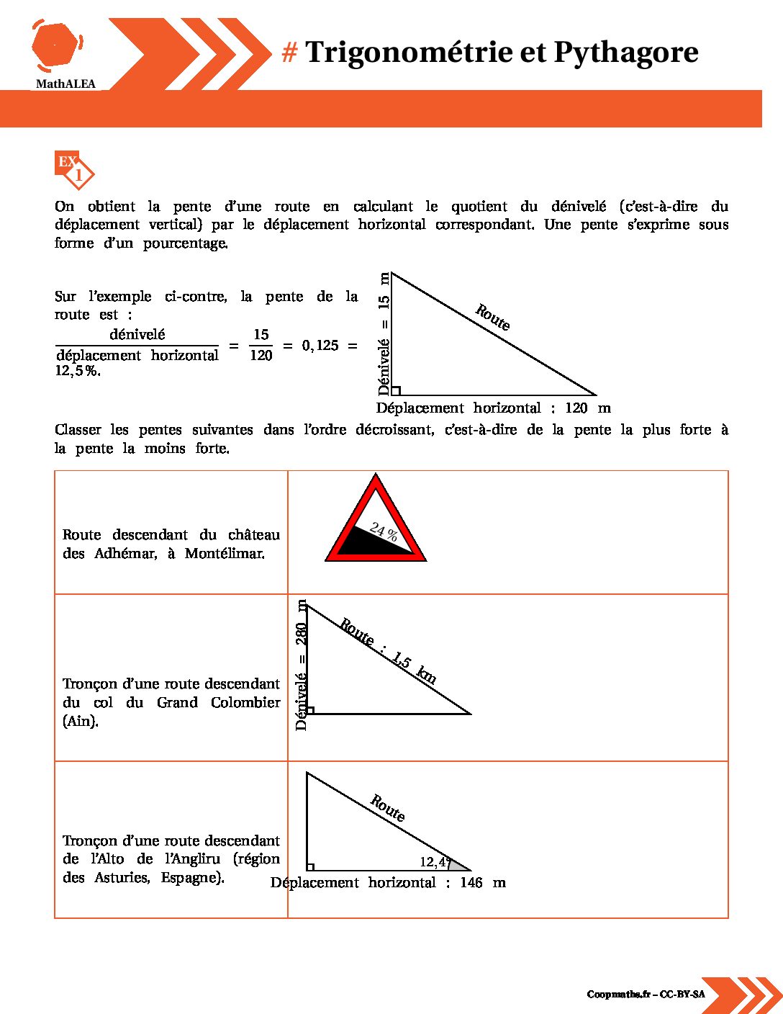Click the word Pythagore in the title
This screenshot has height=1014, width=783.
coord(625,53)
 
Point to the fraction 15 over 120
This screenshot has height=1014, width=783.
coord(261,345)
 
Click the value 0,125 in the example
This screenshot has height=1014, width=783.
coord(320,346)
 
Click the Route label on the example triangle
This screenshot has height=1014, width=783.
coord(493,318)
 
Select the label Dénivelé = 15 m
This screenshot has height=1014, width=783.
coord(384,333)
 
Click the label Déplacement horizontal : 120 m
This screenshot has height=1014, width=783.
coord(493,408)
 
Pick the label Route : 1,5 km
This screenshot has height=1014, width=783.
coord(388,651)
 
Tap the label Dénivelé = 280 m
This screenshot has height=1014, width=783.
coord(302,665)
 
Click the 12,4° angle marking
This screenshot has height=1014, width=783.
coord(435,862)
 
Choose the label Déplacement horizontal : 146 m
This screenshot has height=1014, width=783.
coord(388,883)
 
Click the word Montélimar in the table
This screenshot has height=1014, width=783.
coord(225,554)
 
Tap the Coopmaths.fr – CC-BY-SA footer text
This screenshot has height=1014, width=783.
coord(646,995)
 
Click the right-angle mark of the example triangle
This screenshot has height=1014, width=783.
coord(395,391)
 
